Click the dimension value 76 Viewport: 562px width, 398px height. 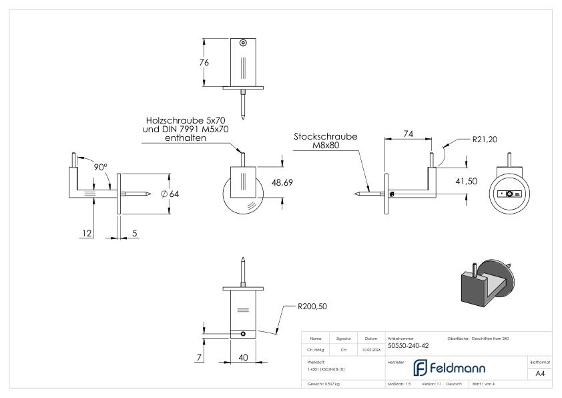(204, 62)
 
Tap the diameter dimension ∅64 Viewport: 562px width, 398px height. (171, 194)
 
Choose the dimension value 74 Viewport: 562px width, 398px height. (408, 134)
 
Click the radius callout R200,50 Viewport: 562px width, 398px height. (312, 309)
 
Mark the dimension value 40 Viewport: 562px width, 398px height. (244, 358)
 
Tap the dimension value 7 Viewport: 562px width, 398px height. (199, 358)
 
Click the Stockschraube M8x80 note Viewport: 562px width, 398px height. (325, 141)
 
